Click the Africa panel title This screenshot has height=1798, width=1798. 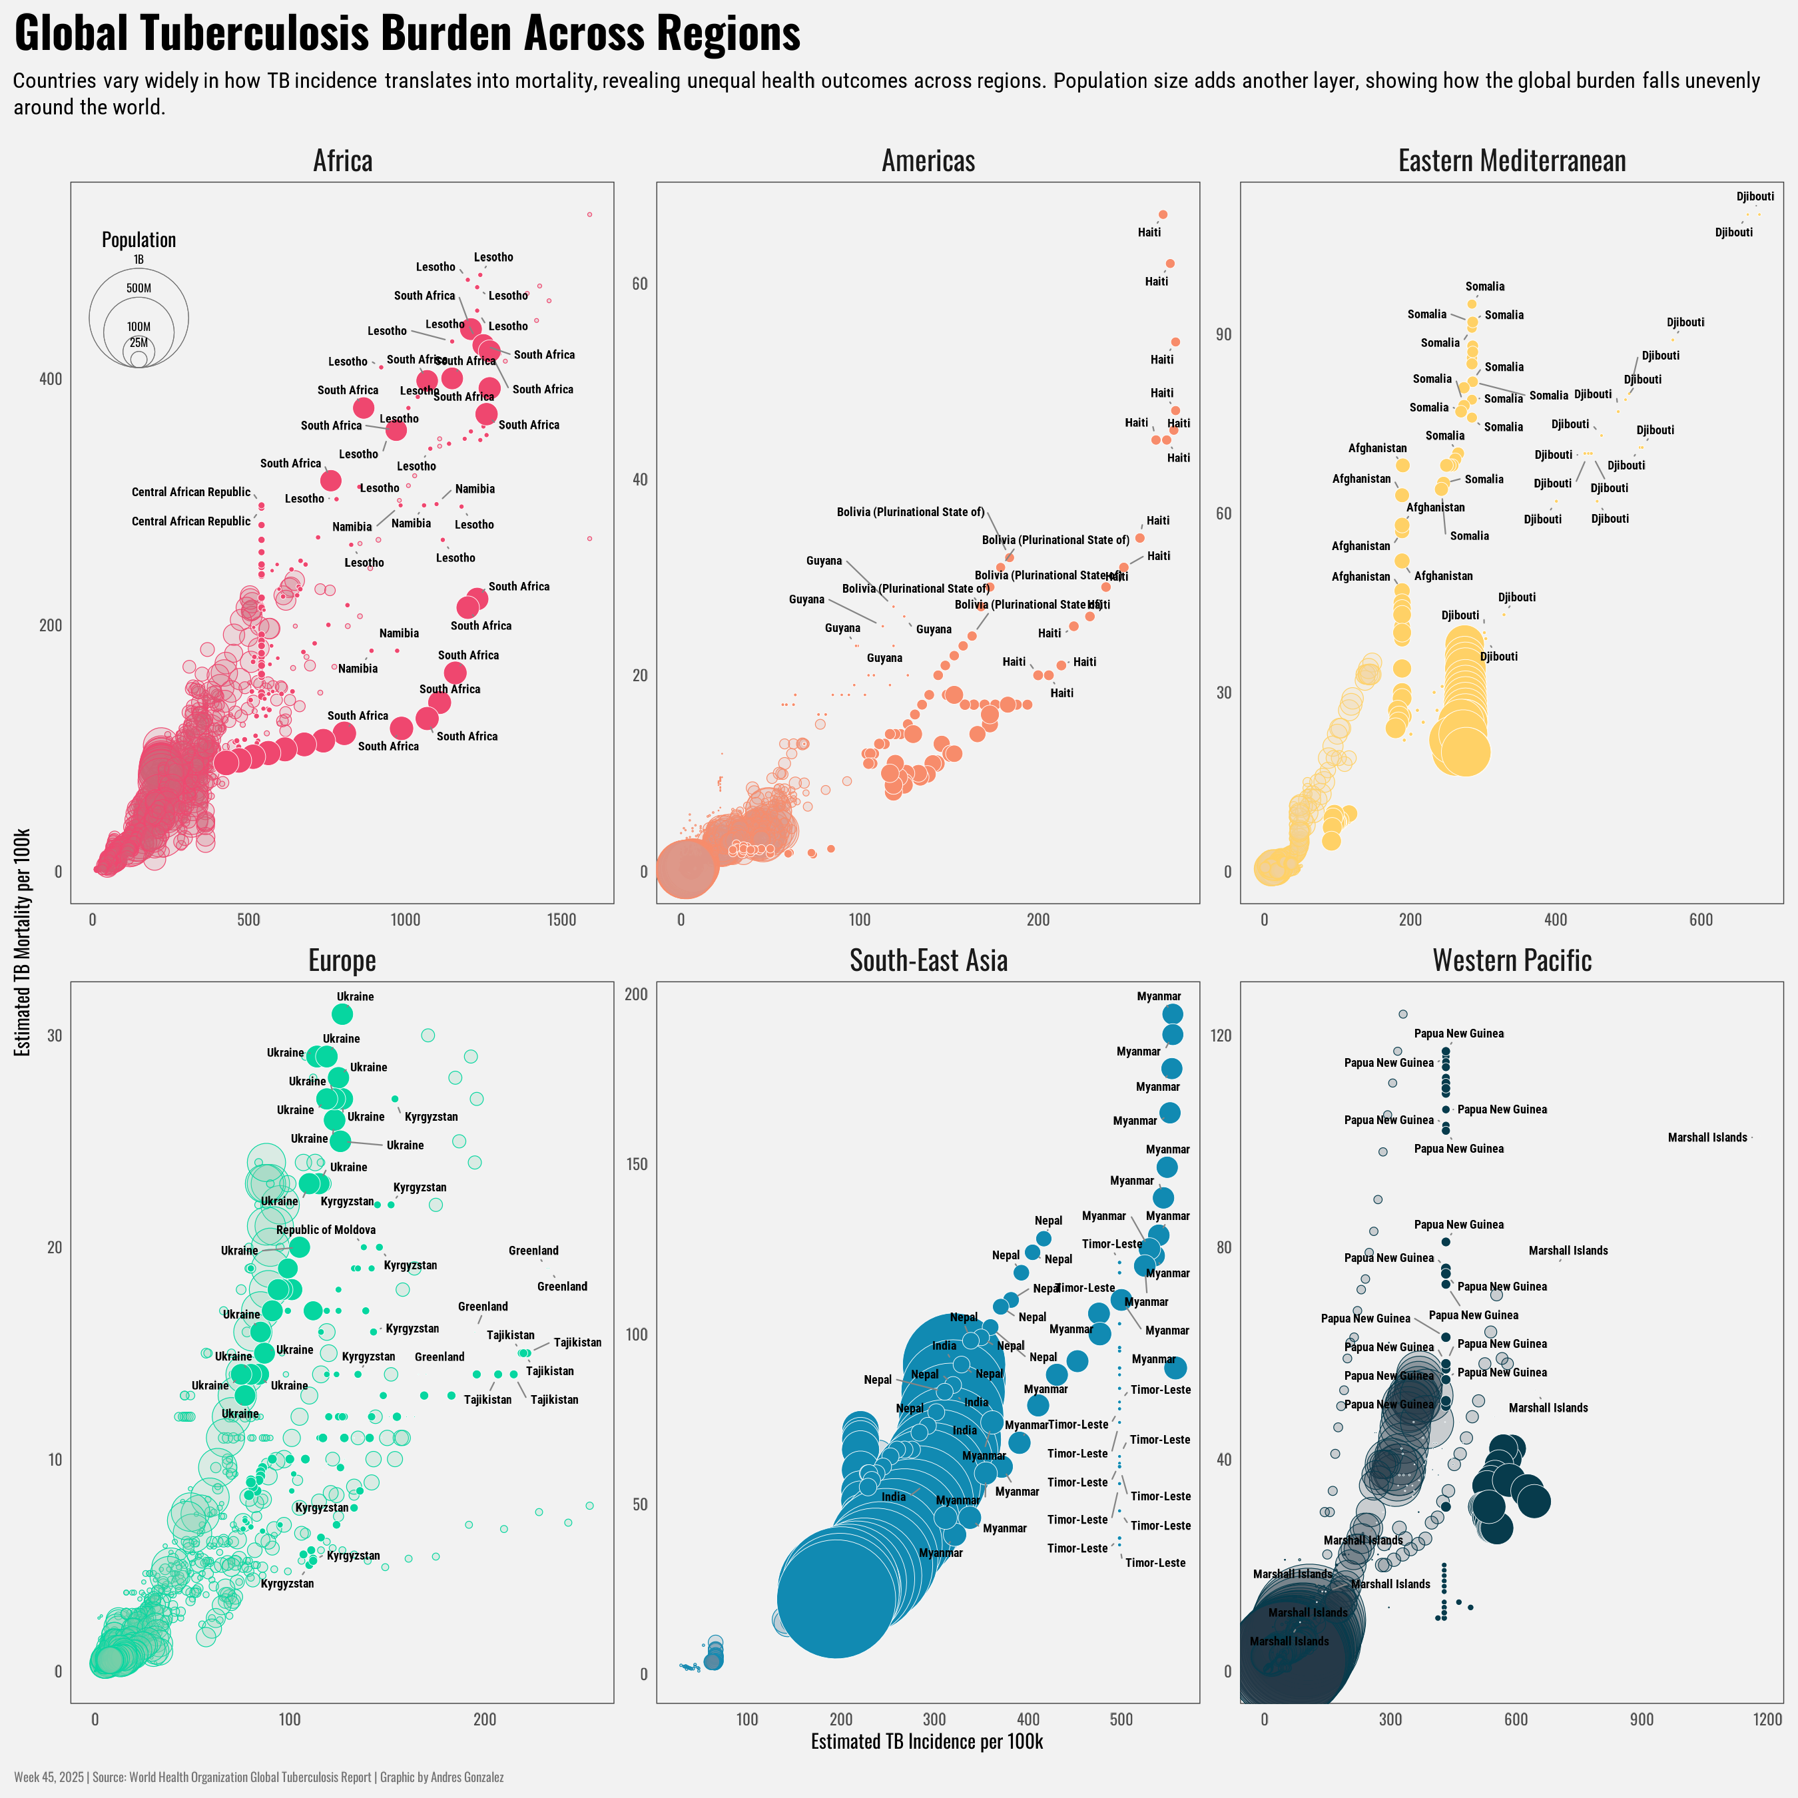tap(342, 161)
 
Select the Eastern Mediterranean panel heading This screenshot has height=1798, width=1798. tap(1512, 161)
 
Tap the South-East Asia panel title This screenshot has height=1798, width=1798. tap(928, 960)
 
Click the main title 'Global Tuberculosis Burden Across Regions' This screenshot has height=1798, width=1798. tap(407, 33)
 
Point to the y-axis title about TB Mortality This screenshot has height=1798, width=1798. tap(23, 942)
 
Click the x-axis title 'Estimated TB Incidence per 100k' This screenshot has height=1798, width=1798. tap(927, 1741)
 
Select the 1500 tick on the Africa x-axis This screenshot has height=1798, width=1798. tap(562, 920)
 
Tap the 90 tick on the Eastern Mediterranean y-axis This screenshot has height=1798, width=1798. tap(1223, 335)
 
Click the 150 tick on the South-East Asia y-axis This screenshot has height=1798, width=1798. tap(636, 1164)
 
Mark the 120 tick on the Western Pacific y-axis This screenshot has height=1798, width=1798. tap(1220, 1036)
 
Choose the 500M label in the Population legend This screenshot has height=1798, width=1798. tap(139, 288)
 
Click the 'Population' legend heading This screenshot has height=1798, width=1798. tap(139, 240)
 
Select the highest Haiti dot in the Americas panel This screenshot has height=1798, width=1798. tap(1162, 215)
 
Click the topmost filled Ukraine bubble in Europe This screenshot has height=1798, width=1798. tap(342, 1014)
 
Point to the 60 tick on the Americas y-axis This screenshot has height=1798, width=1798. tap(639, 284)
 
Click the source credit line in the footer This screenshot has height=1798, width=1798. tap(259, 1777)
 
